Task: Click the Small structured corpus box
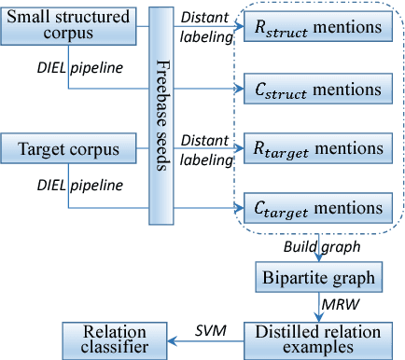point(69,26)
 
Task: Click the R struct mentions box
point(317,29)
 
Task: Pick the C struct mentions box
point(317,90)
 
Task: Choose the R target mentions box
point(317,148)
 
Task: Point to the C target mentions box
point(317,207)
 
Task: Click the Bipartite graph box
point(317,277)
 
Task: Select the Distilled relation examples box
point(317,338)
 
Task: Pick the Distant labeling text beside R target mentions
point(207,149)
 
